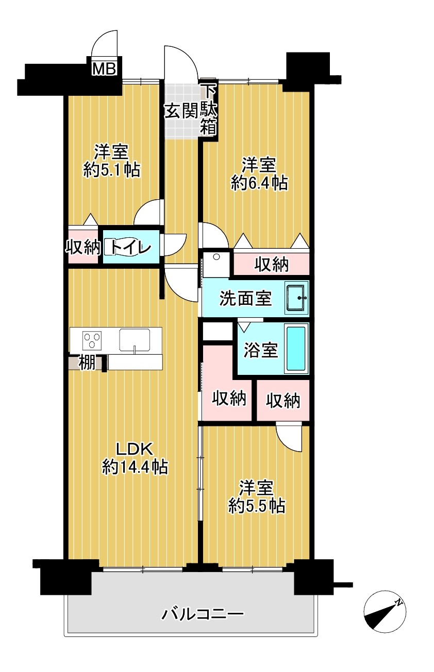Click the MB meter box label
point(104,69)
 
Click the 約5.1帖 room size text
point(112,170)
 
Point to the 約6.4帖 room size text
point(259,183)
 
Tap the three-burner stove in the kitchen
point(92,340)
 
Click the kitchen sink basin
point(135,339)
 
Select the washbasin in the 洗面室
point(297,298)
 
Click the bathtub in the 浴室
point(297,349)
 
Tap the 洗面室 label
point(246,299)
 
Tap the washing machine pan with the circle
point(216,265)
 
